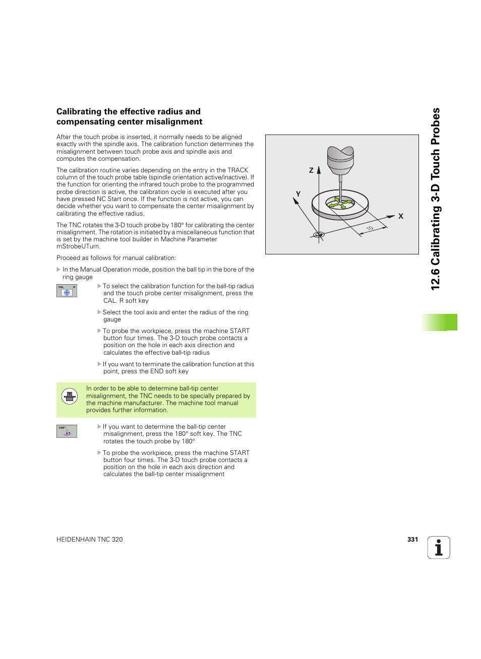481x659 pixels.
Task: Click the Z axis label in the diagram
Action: [311, 170]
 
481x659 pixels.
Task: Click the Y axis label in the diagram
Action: [298, 194]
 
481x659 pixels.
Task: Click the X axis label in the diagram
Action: [401, 216]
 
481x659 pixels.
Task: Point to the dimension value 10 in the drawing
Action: [370, 229]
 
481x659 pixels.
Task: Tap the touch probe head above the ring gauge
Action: [340, 159]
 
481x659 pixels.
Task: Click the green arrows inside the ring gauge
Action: [340, 204]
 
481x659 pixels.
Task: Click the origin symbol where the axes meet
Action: [319, 235]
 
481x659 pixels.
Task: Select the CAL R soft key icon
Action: [67, 291]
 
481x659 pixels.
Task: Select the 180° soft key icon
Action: [67, 431]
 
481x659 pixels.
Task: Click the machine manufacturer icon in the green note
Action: [70, 397]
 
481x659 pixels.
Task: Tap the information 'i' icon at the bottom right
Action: [439, 548]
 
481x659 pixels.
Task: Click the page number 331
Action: [412, 540]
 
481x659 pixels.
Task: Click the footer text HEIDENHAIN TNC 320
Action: [90, 540]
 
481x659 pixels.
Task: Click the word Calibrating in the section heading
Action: [79, 112]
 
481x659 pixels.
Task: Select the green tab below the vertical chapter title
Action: [440, 322]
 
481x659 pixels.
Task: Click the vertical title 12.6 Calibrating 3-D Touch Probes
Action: [436, 199]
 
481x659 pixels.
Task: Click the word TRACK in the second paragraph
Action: [237, 170]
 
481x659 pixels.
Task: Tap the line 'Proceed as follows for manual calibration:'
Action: [116, 258]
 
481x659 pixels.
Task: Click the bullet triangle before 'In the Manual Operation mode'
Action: [58, 270]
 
